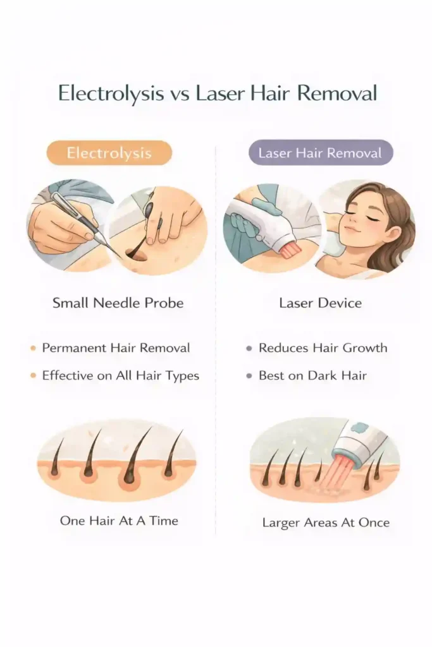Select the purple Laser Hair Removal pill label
pyautogui.click(x=321, y=153)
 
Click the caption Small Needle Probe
pyautogui.click(x=118, y=303)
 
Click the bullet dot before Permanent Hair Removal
pyautogui.click(x=33, y=348)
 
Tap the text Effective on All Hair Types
pyautogui.click(x=120, y=375)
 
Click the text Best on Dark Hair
pyautogui.click(x=312, y=375)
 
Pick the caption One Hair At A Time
pyautogui.click(x=119, y=521)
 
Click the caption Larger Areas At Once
pyautogui.click(x=326, y=523)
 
